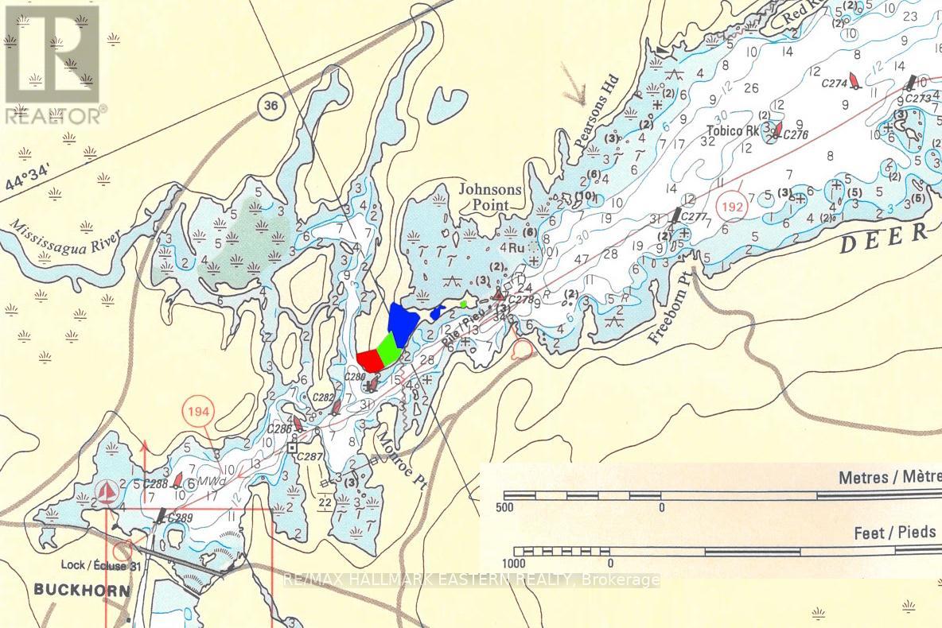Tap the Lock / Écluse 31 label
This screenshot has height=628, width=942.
tap(102, 566)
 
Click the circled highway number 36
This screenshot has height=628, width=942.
tap(271, 107)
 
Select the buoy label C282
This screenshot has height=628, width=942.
tap(324, 397)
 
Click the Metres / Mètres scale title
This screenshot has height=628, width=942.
tap(889, 479)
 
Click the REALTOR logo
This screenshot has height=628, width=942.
tap(53, 64)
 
